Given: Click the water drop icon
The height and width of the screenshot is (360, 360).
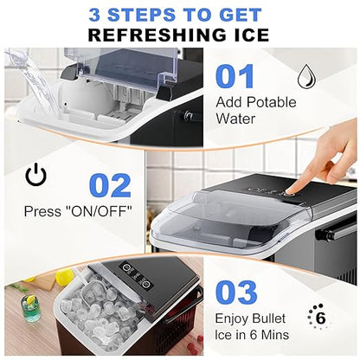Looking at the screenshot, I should coord(307,79).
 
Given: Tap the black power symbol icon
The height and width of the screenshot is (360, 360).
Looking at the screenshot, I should coord(36,176).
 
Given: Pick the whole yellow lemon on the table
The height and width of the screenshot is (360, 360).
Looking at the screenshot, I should coord(64,277).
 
